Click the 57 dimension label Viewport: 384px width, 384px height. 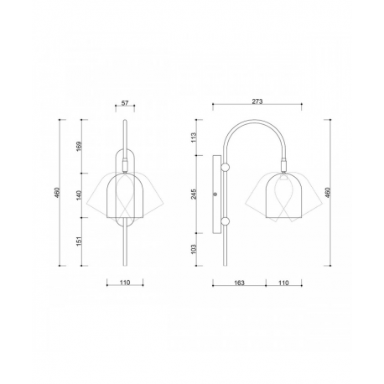(125, 103)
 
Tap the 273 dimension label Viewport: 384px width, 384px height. (257, 101)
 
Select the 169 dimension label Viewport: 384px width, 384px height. (79, 147)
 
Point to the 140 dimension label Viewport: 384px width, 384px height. (79, 195)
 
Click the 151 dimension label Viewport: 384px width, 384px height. (79, 241)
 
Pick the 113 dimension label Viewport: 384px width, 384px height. (194, 138)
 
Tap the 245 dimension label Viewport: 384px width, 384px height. (194, 194)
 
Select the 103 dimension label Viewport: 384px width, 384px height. (194, 249)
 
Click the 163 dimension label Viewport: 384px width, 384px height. (239, 283)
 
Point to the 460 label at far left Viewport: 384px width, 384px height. (57, 193)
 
